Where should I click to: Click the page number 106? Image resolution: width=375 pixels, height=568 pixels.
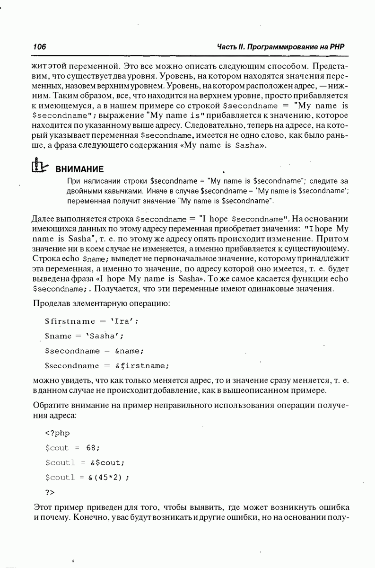(x=39, y=47)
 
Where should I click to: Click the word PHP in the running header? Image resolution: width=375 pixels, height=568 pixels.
(x=337, y=47)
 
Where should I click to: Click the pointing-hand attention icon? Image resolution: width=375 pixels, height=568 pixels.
(x=40, y=165)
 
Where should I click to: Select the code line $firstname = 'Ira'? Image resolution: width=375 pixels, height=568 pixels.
(x=92, y=321)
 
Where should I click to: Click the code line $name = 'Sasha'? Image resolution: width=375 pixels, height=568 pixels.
(x=84, y=336)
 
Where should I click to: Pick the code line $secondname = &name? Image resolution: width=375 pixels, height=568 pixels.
(x=94, y=351)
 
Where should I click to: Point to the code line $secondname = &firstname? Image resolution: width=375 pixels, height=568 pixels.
(x=106, y=365)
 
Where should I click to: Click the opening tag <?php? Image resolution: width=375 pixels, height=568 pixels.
(x=57, y=433)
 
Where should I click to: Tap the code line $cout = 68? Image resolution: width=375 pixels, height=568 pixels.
(x=73, y=447)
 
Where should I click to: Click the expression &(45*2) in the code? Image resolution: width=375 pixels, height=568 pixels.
(x=108, y=477)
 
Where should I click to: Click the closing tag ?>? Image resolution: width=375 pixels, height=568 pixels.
(x=50, y=492)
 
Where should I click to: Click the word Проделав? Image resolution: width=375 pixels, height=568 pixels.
(x=51, y=302)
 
